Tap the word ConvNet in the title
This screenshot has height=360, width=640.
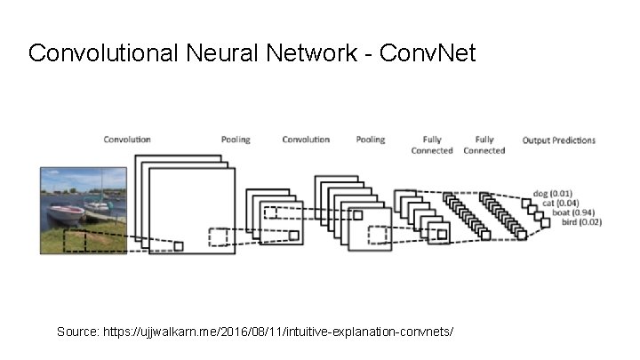pos(428,52)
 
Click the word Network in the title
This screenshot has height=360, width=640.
pos(311,52)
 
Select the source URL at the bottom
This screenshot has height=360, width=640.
pos(278,332)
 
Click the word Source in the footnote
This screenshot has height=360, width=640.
pos(77,332)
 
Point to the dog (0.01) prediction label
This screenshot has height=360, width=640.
pos(553,194)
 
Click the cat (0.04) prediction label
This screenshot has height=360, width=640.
pos(560,203)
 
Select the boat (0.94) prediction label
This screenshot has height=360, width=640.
pos(573,212)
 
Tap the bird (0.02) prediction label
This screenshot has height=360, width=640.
pos(581,222)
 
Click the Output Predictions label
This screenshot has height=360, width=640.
pos(559,140)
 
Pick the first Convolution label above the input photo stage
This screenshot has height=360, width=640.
pos(127,140)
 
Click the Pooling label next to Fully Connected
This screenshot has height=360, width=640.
pos(370,140)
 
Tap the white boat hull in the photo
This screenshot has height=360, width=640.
pos(65,214)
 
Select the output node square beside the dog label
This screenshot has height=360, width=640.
pos(526,204)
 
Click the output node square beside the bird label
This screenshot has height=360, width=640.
pos(545,223)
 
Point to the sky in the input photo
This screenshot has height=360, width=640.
pos(84,178)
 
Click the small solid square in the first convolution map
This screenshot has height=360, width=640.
pos(179,246)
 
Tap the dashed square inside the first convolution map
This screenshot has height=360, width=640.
pos(218,237)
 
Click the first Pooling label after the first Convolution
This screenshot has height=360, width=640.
pos(236,140)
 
